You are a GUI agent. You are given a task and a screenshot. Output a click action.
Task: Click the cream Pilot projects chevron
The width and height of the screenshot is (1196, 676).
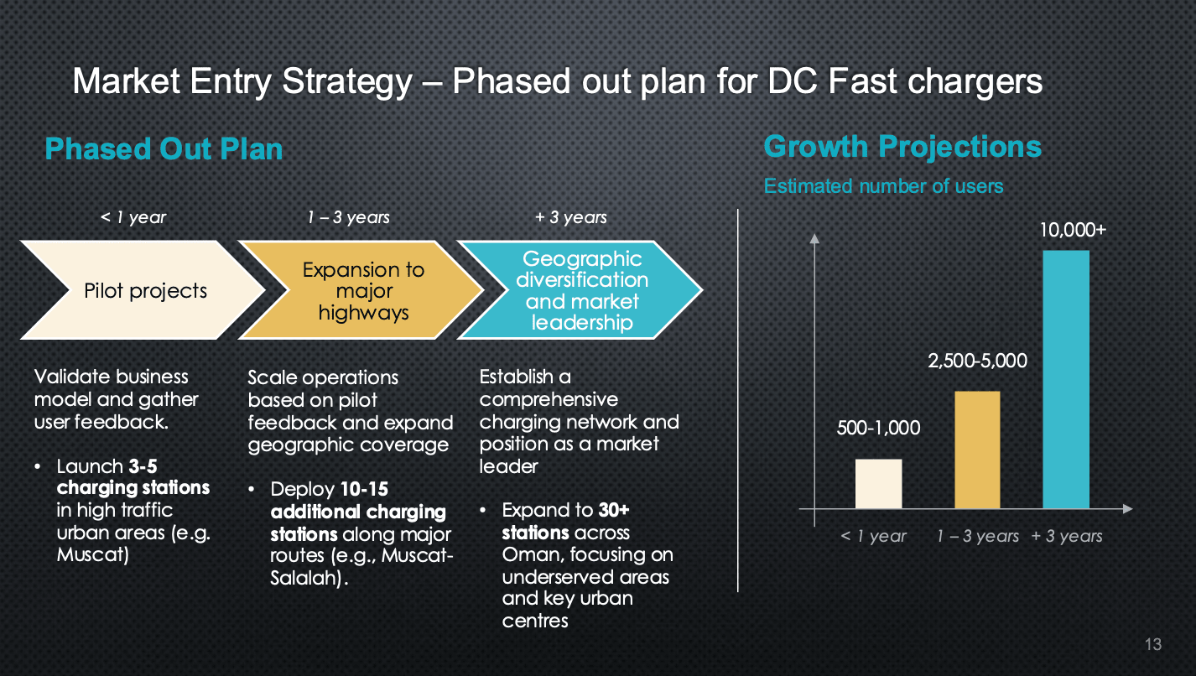click(144, 290)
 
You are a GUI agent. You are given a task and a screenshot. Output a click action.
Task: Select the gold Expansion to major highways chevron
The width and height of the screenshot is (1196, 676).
click(363, 290)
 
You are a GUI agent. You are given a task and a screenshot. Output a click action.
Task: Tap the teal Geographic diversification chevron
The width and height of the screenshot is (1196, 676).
click(582, 290)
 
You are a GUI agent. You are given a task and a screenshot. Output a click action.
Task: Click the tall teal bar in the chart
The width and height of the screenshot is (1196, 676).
click(1066, 379)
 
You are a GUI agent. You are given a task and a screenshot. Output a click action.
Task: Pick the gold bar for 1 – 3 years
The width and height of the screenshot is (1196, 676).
click(977, 450)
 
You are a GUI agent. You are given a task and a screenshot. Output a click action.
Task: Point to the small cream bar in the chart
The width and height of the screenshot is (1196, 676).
click(878, 484)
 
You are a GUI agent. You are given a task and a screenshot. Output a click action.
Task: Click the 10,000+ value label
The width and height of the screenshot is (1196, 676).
click(1073, 230)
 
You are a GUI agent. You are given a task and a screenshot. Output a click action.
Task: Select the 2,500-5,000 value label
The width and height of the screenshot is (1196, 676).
click(977, 361)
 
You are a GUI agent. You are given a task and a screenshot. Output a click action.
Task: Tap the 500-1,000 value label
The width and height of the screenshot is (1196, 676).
click(878, 428)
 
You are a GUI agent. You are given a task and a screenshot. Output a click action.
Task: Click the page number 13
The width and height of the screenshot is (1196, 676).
click(1153, 644)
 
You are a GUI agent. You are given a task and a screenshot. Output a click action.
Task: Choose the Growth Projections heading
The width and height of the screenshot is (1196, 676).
click(902, 146)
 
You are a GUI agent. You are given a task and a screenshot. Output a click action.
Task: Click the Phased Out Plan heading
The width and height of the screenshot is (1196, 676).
click(164, 148)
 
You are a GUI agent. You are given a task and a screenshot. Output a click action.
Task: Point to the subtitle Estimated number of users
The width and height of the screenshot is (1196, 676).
click(883, 186)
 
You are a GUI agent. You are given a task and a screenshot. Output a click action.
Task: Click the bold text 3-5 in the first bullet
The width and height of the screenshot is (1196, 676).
click(143, 466)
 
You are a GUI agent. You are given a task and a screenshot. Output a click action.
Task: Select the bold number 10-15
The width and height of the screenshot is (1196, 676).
click(364, 489)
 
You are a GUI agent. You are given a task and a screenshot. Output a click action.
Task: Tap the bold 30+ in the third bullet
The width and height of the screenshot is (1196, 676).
click(613, 510)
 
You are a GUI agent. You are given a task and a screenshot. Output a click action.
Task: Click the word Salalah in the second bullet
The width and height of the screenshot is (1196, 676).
click(304, 578)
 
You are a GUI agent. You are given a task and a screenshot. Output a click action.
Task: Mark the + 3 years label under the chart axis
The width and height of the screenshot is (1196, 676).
click(1066, 536)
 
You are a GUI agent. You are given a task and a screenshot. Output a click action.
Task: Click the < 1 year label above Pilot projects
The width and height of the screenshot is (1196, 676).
click(133, 217)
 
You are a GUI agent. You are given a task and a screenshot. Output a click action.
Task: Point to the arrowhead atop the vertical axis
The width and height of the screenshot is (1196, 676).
click(814, 239)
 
